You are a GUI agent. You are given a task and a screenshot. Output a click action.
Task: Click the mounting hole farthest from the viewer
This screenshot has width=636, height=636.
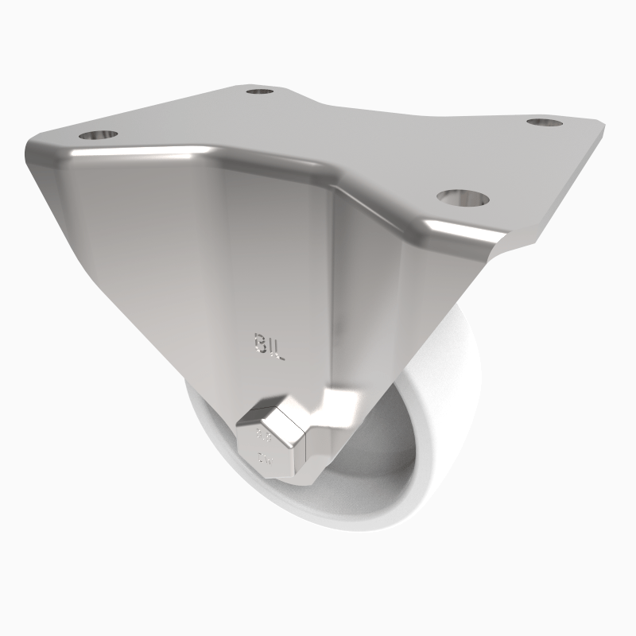tap(260, 92)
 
